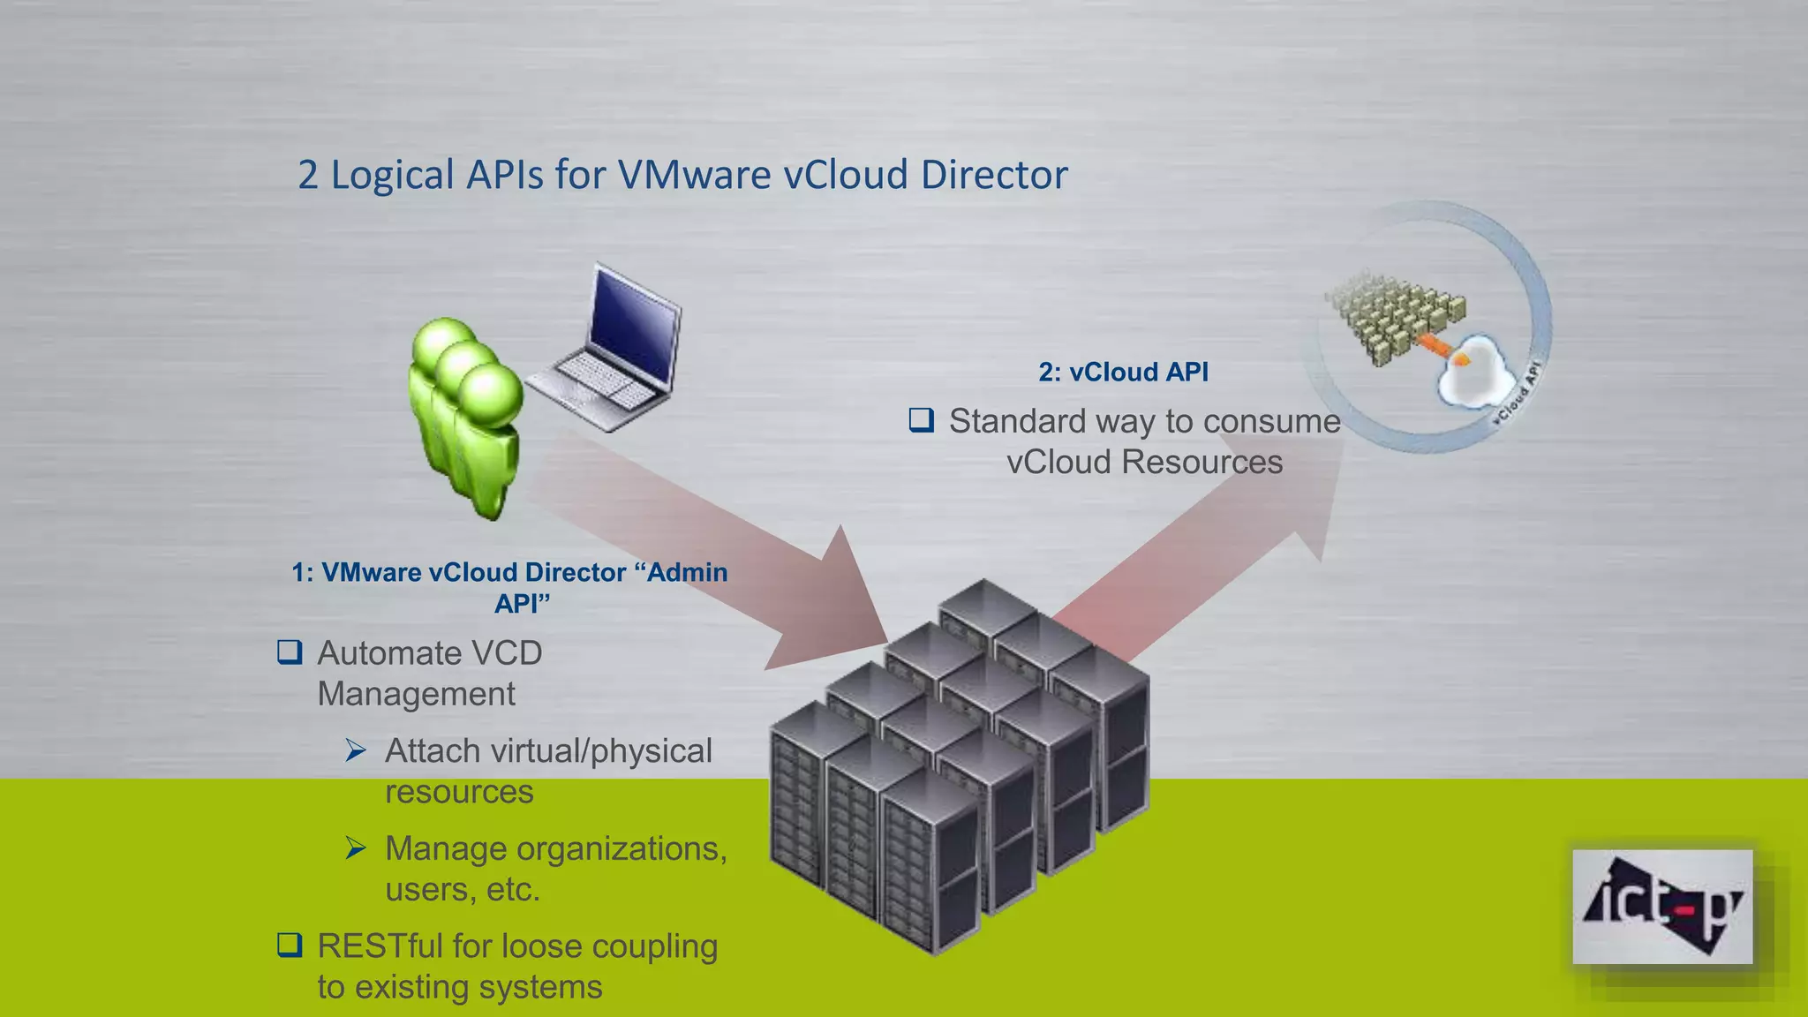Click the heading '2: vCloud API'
click(x=1123, y=372)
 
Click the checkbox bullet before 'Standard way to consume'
click(x=921, y=420)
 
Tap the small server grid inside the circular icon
click(x=1395, y=318)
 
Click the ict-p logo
click(x=1661, y=907)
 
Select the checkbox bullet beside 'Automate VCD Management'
click(x=290, y=652)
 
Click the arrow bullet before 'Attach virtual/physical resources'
click(x=356, y=750)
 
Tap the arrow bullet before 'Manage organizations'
click(x=356, y=848)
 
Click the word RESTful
click(x=380, y=945)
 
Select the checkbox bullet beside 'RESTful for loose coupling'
click(x=290, y=945)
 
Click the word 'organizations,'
click(x=621, y=848)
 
